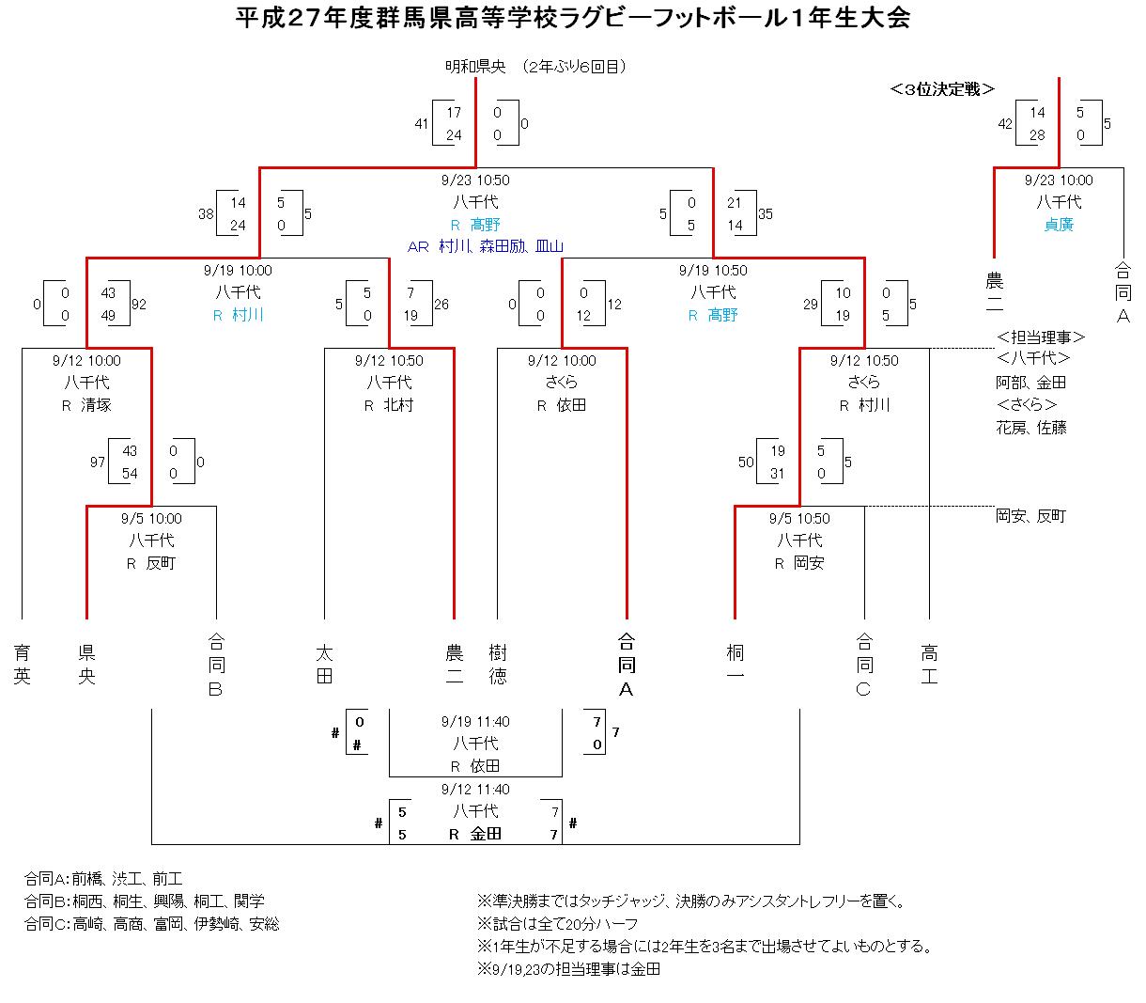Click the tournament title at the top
(x=572, y=18)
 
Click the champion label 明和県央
(x=475, y=67)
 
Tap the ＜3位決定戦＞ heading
(x=942, y=89)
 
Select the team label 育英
(x=22, y=665)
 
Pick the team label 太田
(x=325, y=665)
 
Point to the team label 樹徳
(x=498, y=665)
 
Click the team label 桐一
(x=735, y=665)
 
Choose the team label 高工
(x=929, y=665)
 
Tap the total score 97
(x=98, y=462)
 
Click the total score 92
(x=139, y=305)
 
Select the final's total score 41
(x=422, y=124)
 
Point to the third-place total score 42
(x=1005, y=124)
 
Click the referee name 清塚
(x=96, y=405)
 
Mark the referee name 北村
(x=398, y=405)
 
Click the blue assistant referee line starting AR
(x=485, y=246)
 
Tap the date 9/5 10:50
(x=798, y=518)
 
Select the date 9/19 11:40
(x=475, y=722)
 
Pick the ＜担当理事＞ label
(x=1041, y=337)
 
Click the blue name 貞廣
(x=1059, y=225)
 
